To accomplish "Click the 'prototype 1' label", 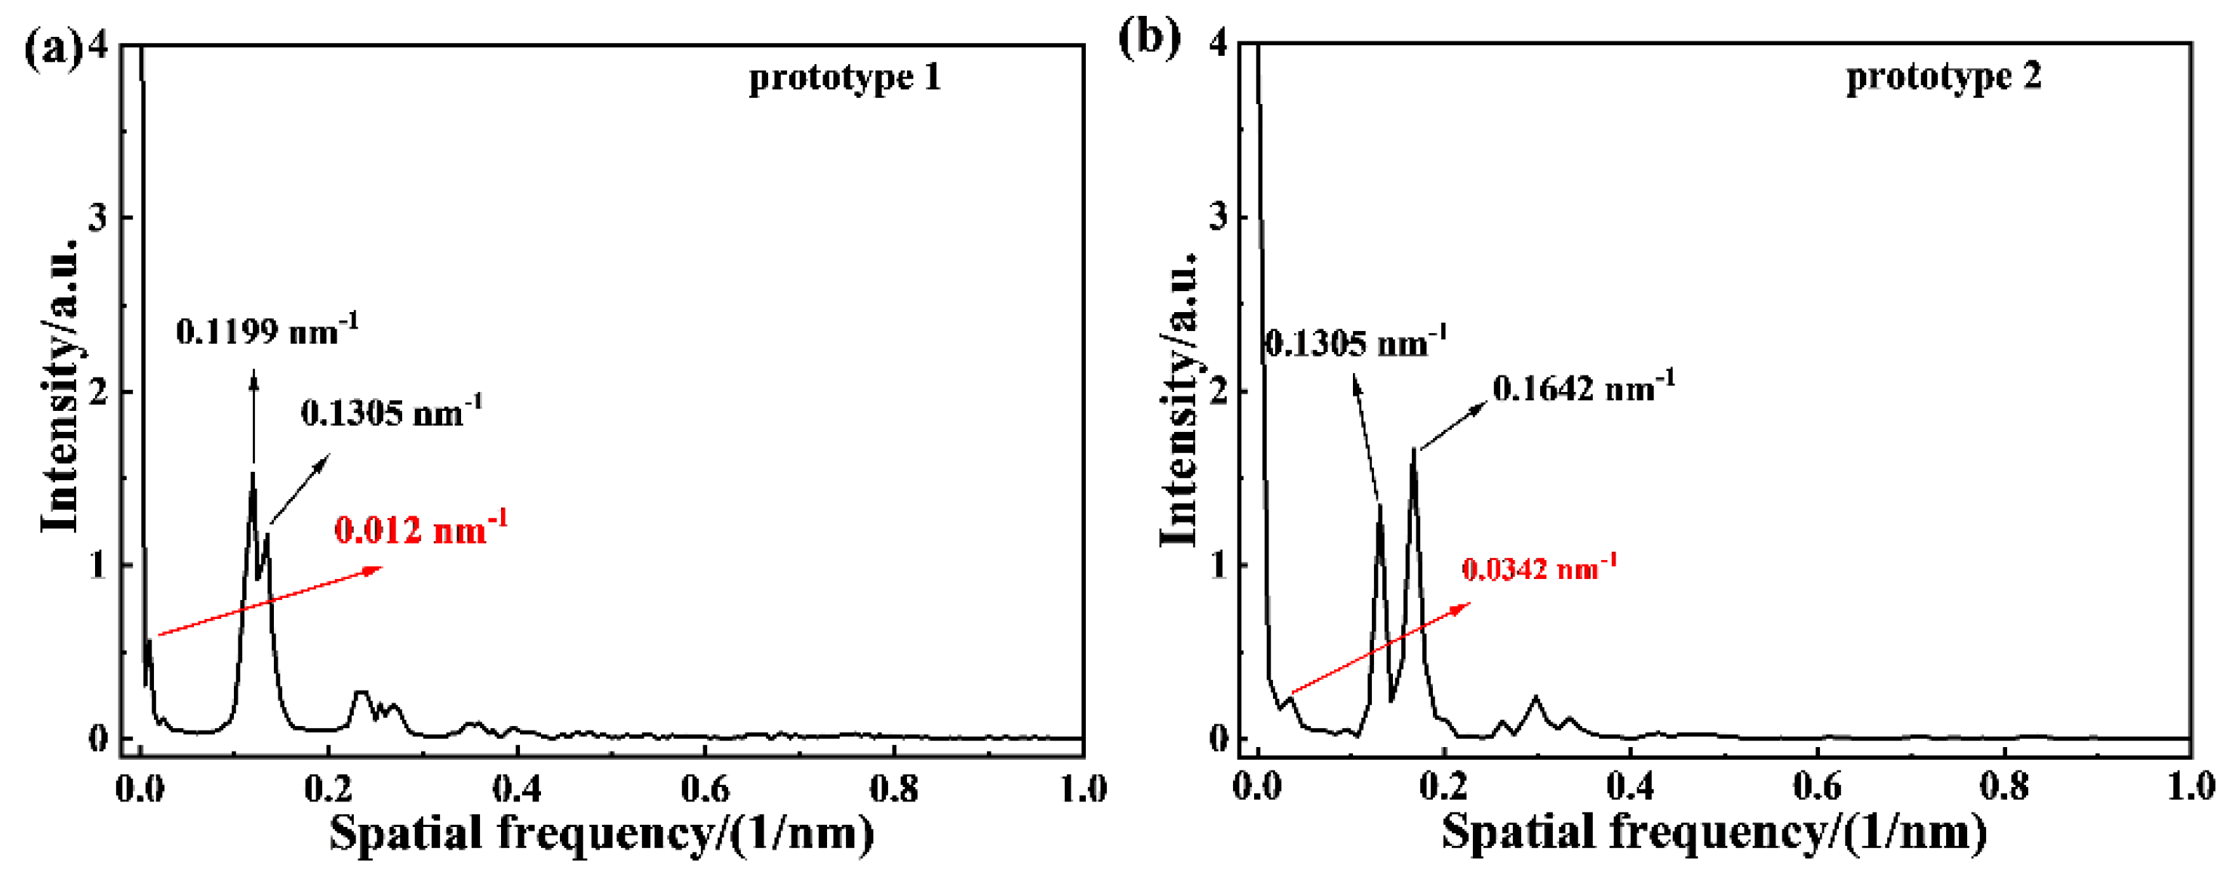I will tap(844, 78).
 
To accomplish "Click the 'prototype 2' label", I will tap(1944, 76).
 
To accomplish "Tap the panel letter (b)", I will tap(1149, 39).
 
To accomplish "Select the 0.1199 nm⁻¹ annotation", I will tap(266, 330).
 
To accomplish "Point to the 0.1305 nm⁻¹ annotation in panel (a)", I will tap(391, 412).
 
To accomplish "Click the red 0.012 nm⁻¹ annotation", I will tap(420, 528).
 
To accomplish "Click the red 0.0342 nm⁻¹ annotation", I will tap(1539, 568).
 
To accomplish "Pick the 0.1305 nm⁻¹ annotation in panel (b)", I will tap(1355, 342).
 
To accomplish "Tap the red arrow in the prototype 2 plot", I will tap(1380, 648).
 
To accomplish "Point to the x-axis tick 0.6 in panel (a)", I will tap(706, 788).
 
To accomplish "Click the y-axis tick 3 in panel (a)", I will tap(98, 217).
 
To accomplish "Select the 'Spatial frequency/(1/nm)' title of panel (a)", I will tap(601, 833).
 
